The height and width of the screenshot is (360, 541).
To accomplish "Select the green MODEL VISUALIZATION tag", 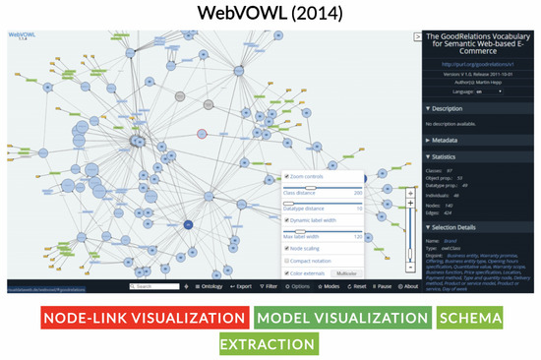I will (x=340, y=319).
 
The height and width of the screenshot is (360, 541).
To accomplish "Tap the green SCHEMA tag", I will (x=470, y=319).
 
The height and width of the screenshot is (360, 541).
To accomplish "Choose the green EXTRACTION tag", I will (x=270, y=344).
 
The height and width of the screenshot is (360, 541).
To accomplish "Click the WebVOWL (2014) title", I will (x=270, y=15).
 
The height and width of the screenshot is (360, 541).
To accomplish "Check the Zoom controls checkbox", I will (x=287, y=176).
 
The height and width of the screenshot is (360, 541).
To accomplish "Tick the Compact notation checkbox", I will (x=287, y=260).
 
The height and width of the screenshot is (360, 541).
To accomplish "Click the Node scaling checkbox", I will (x=287, y=248).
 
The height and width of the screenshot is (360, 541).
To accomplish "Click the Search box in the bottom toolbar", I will (x=156, y=286).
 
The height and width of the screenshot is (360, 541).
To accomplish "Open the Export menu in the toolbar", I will (x=240, y=286).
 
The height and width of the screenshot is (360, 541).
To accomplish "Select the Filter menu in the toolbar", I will (x=270, y=286).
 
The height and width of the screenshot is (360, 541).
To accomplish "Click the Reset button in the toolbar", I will (x=358, y=286).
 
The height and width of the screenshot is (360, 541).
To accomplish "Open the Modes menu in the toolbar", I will (x=330, y=286).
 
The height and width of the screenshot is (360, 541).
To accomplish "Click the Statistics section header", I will (x=448, y=155).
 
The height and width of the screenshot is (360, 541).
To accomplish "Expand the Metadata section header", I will (x=448, y=140).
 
